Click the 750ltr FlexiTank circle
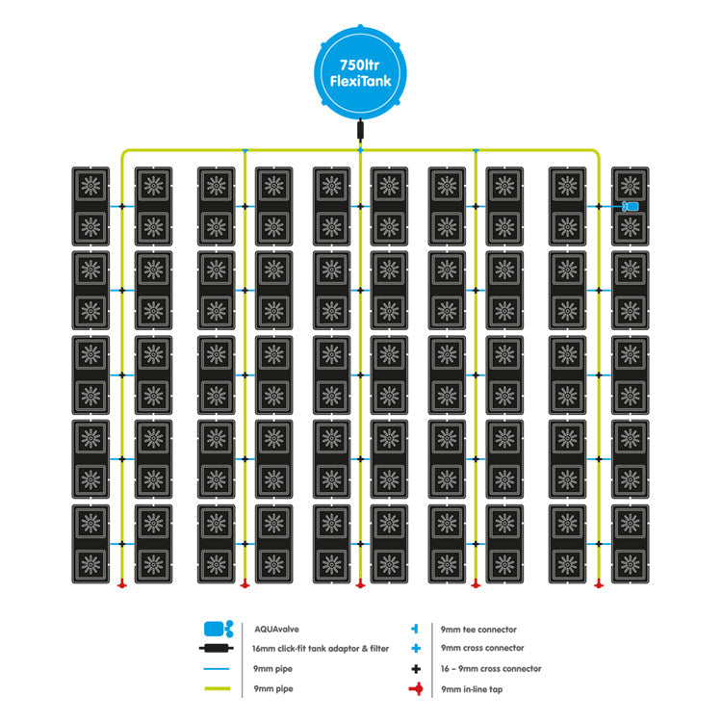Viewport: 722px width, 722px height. pyautogui.click(x=360, y=66)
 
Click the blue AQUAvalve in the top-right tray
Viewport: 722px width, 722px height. pyautogui.click(x=632, y=207)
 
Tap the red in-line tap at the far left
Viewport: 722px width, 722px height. pyautogui.click(x=121, y=583)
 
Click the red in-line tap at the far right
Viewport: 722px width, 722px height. pyautogui.click(x=599, y=583)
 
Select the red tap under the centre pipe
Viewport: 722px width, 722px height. pyautogui.click(x=360, y=583)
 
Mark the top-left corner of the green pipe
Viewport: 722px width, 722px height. pyautogui.click(x=122, y=151)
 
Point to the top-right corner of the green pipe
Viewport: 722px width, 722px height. pyautogui.click(x=598, y=151)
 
